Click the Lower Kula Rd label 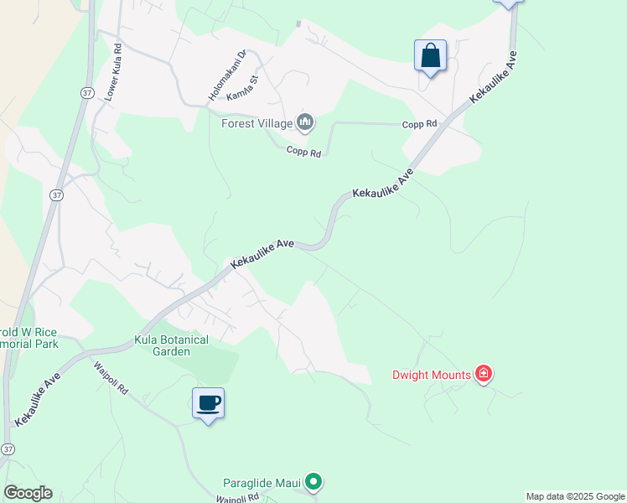113,72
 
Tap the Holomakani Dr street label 225,75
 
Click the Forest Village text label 256,124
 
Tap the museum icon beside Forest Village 305,124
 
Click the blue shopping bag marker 430,56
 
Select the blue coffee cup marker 209,403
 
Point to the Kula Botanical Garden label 172,346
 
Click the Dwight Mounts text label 431,375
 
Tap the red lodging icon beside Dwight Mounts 483,374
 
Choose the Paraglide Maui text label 262,482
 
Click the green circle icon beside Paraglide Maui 313,481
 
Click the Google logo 28,493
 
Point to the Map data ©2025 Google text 575,496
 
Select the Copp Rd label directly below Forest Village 303,152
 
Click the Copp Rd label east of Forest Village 420,124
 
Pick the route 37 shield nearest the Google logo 8,449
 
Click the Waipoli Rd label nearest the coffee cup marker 111,378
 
